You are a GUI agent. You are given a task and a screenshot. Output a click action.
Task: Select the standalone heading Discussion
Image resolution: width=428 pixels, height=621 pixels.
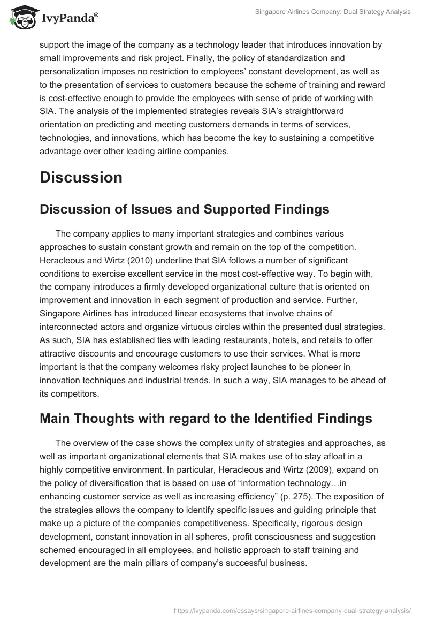pos(81,177)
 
